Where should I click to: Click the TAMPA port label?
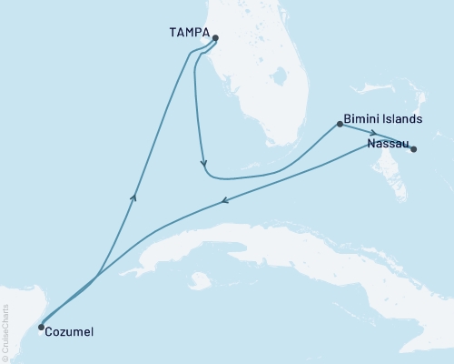[189, 33]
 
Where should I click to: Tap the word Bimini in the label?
[362, 119]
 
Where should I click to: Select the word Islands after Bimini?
[401, 119]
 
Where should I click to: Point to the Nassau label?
[387, 143]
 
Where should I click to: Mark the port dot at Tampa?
[215, 38]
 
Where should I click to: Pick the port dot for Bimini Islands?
[339, 125]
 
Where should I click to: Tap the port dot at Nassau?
[413, 149]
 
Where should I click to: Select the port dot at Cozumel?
[41, 327]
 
